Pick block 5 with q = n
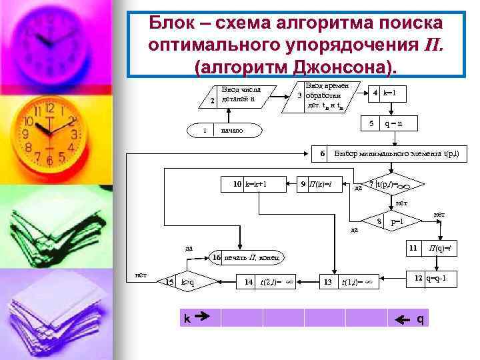coord(387,124)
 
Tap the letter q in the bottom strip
coord(420,319)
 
